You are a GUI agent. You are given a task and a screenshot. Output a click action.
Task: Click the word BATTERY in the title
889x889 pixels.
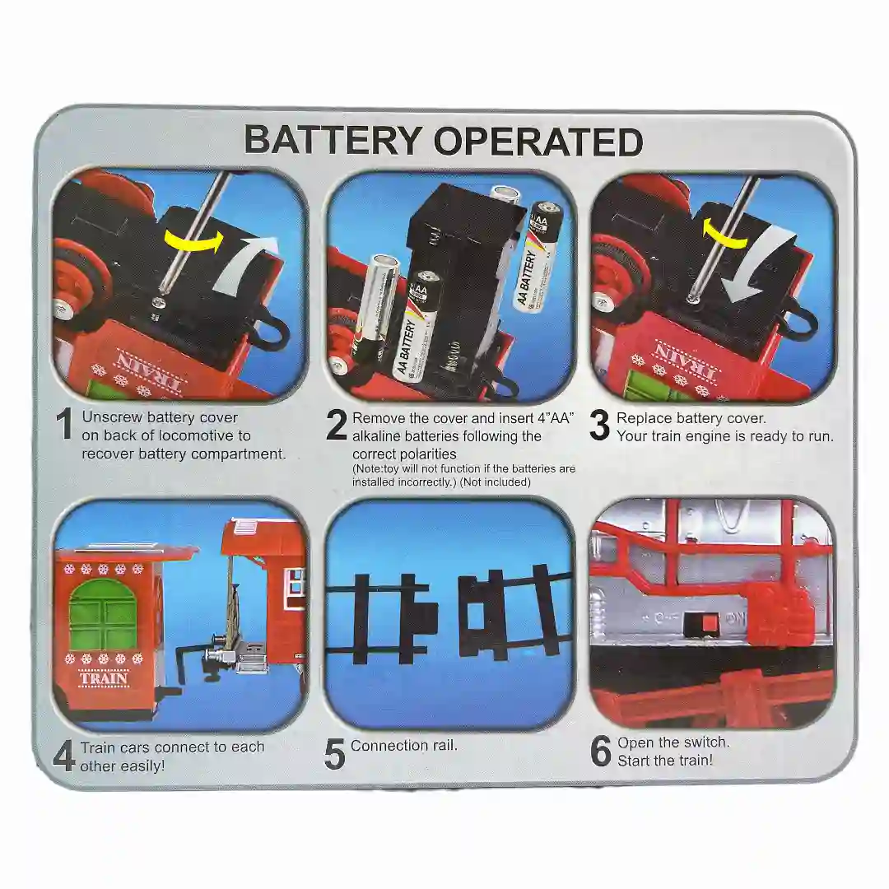click(333, 141)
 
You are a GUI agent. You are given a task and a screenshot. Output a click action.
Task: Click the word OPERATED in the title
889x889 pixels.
click(538, 142)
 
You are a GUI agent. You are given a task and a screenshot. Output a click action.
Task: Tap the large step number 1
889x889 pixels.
click(65, 425)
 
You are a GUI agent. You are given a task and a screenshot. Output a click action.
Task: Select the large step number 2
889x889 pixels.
click(336, 426)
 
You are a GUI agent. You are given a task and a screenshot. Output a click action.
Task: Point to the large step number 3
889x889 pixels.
click(600, 426)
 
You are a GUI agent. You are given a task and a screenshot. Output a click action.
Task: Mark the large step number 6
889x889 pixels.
click(600, 752)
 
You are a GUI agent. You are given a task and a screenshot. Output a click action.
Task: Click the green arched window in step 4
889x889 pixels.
click(104, 616)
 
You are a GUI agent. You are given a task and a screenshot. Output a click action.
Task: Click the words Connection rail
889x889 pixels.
click(403, 746)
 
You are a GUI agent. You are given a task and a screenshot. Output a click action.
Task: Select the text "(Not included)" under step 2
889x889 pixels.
click(495, 482)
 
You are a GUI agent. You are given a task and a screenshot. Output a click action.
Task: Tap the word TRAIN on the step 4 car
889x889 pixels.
click(104, 678)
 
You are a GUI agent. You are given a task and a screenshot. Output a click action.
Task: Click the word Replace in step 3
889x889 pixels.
click(643, 418)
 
